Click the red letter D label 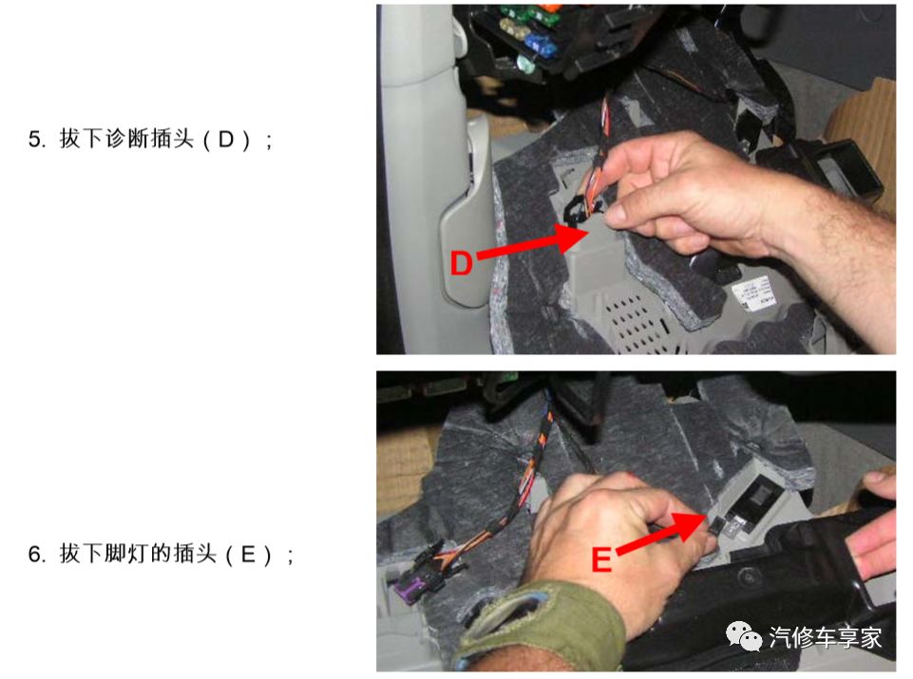461,263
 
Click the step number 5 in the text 36,140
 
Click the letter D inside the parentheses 225,140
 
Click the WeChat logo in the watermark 744,635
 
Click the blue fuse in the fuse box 542,43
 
